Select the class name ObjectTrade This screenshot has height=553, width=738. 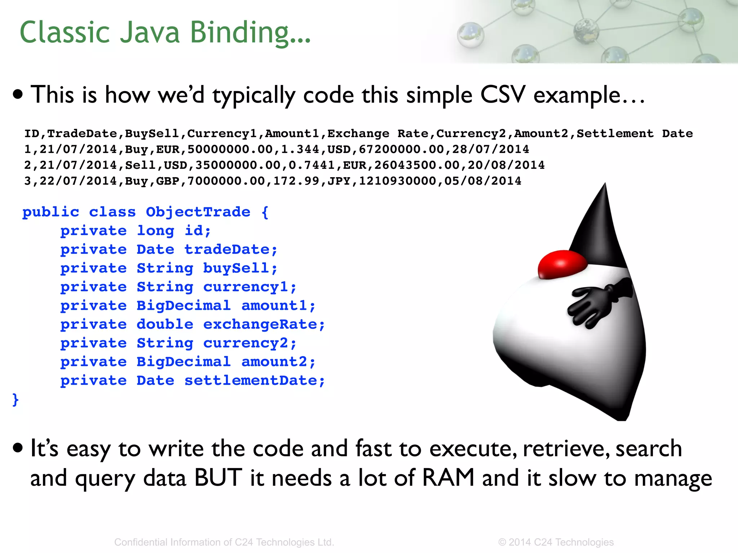pyautogui.click(x=198, y=212)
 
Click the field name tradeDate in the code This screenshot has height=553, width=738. pyautogui.click(x=231, y=249)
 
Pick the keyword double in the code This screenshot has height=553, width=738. pyautogui.click(x=165, y=324)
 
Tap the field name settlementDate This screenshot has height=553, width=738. pyautogui.click(x=254, y=381)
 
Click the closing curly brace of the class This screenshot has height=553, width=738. pyautogui.click(x=15, y=400)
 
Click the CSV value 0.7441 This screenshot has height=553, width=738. pyautogui.click(x=312, y=165)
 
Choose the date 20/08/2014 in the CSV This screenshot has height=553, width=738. pyautogui.click(x=506, y=165)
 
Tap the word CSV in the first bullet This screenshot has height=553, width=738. pyautogui.click(x=502, y=95)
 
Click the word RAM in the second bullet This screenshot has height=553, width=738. pyautogui.click(x=448, y=478)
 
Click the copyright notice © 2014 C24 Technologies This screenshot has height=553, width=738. pyautogui.click(x=556, y=542)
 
